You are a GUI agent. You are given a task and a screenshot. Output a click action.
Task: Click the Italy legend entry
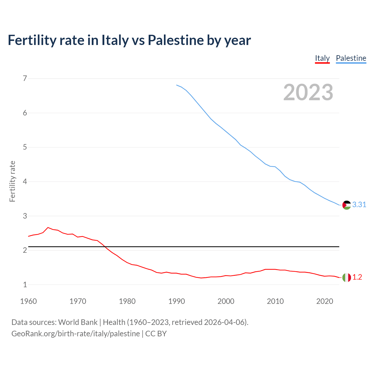[x=322, y=58]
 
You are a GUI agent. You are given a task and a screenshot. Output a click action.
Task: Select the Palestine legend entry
[x=351, y=58]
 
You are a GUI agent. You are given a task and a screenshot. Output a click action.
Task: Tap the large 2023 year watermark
[x=308, y=92]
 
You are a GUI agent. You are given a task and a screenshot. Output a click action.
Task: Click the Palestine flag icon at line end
[x=347, y=205]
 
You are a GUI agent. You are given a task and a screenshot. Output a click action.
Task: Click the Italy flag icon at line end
[x=347, y=277]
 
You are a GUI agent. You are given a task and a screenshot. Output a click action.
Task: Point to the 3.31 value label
[x=359, y=205]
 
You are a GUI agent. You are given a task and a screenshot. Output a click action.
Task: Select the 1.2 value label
[x=357, y=277]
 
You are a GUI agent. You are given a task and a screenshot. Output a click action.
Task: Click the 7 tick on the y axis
[x=25, y=78]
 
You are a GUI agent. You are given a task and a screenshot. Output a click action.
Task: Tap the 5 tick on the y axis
[x=25, y=147]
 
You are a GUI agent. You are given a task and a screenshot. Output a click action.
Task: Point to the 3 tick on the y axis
[x=25, y=216]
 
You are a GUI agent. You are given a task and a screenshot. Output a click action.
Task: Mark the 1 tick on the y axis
[x=25, y=285]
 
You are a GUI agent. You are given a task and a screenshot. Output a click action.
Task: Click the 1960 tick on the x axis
[x=28, y=301]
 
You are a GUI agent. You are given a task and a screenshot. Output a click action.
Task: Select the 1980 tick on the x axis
[x=127, y=301]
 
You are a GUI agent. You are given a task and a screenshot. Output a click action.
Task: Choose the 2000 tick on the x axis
[x=226, y=301]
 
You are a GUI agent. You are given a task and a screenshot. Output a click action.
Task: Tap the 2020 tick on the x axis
[x=325, y=301]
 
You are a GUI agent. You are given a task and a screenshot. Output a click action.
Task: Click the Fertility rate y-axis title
[x=12, y=181]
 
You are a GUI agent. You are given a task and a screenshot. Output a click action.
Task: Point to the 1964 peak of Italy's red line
[x=48, y=227]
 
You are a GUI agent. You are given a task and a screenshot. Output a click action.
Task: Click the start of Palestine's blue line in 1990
[x=176, y=85]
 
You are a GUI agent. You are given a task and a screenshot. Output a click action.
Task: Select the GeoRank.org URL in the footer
[x=76, y=334]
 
